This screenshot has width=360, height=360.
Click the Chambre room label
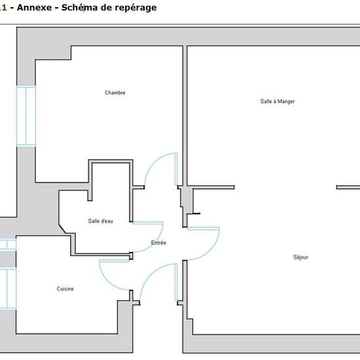[x=115, y=93]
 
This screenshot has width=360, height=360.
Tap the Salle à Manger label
[x=278, y=101]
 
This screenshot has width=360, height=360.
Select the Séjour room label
[x=300, y=257]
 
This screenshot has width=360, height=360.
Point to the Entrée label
[x=158, y=243]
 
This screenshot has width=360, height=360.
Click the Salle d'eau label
[x=100, y=221]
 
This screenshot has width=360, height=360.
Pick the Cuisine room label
[x=65, y=289]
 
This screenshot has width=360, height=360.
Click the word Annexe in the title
[x=35, y=8]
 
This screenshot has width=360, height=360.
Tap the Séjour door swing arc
[x=211, y=250]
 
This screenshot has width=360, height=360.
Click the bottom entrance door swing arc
[x=149, y=272]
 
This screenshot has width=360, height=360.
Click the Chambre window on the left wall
[x=26, y=116]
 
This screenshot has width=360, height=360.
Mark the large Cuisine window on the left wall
[x=8, y=289]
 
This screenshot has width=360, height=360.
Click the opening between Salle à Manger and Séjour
[x=285, y=187]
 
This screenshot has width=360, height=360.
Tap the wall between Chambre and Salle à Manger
[x=185, y=115]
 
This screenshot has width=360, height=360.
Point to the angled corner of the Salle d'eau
[x=62, y=229]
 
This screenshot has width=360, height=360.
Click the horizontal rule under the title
[x=180, y=24]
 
